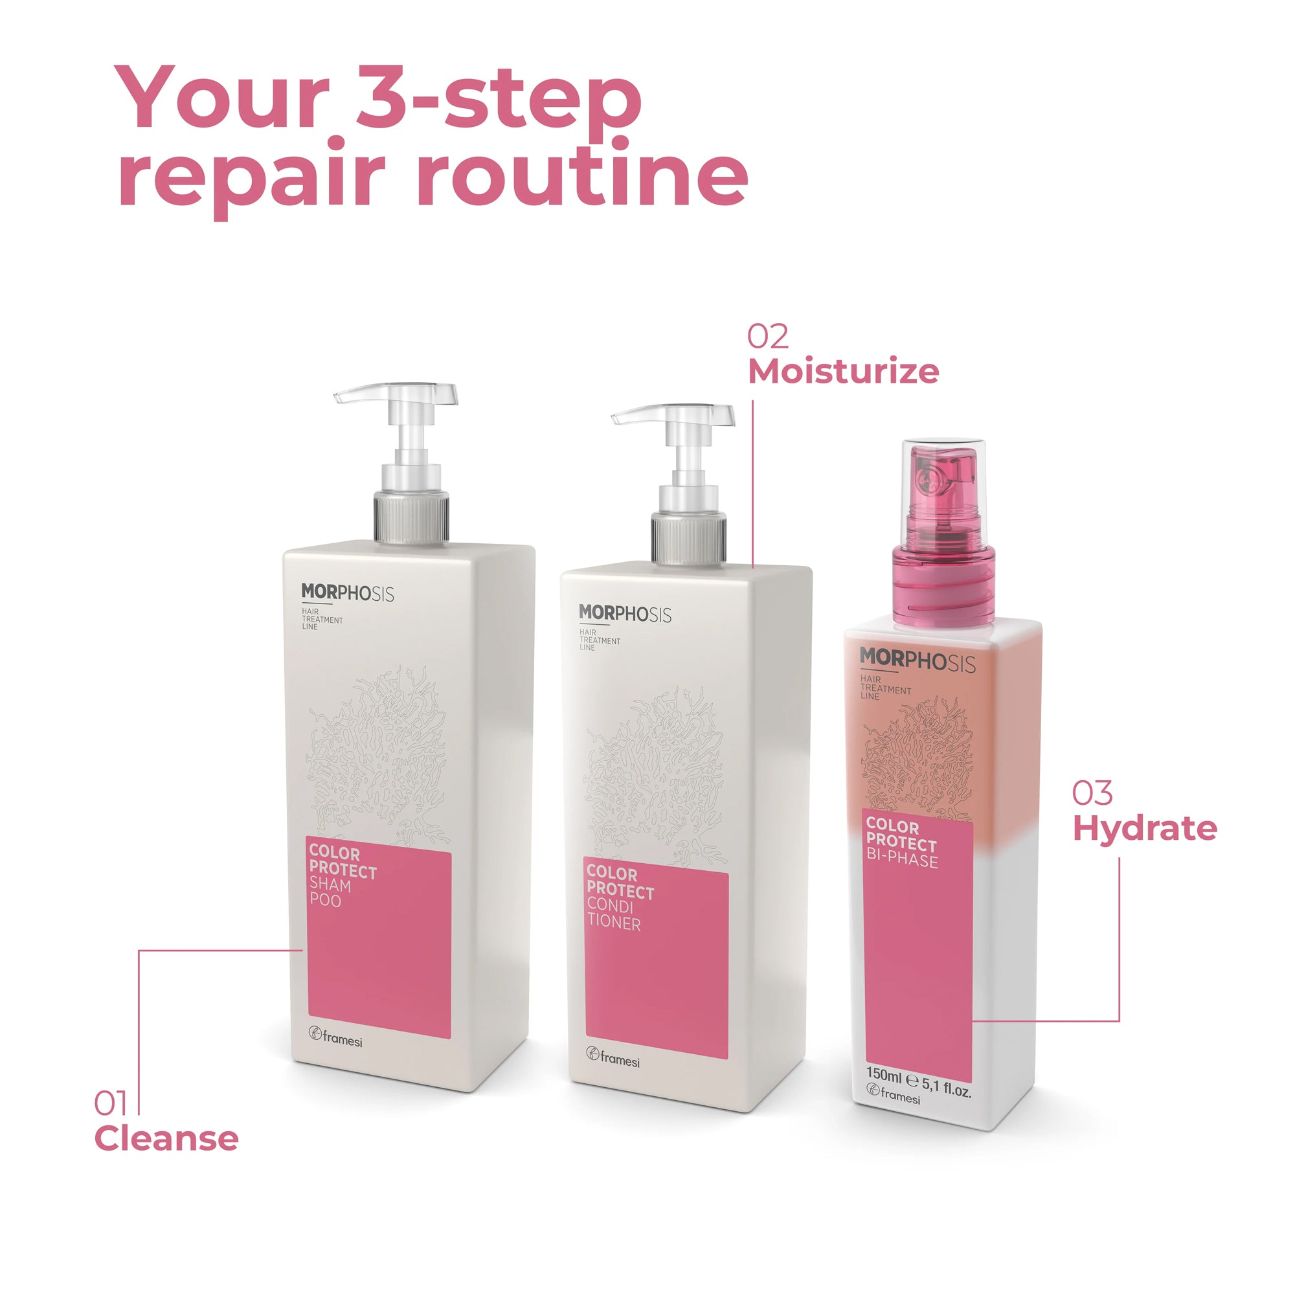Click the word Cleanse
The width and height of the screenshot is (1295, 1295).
(166, 1139)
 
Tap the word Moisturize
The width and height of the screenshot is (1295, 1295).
(843, 371)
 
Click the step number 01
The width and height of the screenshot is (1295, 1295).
(111, 1104)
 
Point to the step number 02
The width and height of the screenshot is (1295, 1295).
(768, 337)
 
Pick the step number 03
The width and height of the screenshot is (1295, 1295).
(1092, 794)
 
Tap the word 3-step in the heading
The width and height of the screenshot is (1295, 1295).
(499, 104)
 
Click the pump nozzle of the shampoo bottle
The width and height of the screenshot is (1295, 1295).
(396, 395)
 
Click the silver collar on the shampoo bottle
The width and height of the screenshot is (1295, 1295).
(411, 517)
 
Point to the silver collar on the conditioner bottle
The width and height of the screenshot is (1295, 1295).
(688, 538)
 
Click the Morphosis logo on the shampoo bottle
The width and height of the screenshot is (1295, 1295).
(347, 593)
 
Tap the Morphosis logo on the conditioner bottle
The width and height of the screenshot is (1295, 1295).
(625, 614)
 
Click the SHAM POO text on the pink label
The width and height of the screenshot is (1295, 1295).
(329, 893)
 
